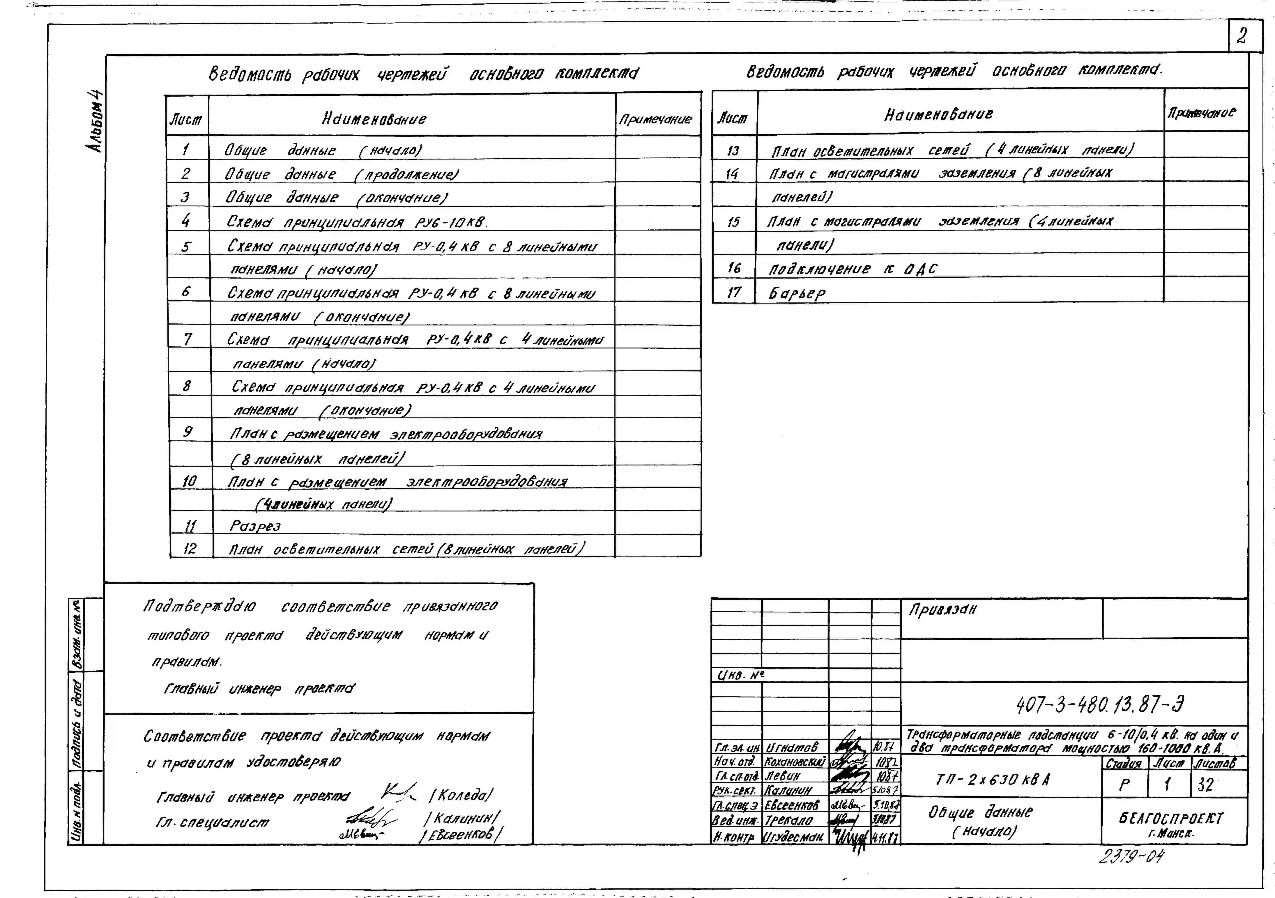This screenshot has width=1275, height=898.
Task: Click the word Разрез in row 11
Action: pyautogui.click(x=255, y=525)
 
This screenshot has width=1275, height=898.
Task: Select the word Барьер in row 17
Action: pyautogui.click(x=797, y=293)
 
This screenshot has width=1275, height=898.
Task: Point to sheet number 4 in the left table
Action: pyautogui.click(x=186, y=221)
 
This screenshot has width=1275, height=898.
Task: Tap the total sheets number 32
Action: pyautogui.click(x=1205, y=785)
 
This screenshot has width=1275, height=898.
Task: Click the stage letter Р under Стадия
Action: pyautogui.click(x=1124, y=785)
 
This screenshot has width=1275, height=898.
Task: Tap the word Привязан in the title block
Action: pyautogui.click(x=942, y=610)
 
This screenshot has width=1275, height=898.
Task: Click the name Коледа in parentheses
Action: pyautogui.click(x=461, y=795)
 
